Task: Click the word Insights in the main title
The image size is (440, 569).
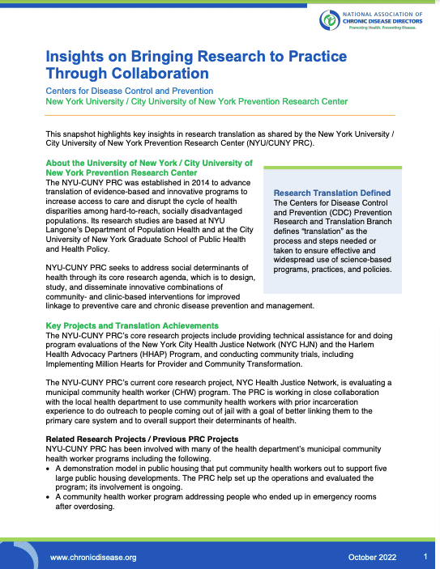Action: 75,59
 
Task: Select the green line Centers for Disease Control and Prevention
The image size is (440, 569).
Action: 130,91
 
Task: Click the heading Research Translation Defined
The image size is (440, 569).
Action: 332,193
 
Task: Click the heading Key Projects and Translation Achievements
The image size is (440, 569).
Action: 132,325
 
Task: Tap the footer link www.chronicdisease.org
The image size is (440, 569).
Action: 93,558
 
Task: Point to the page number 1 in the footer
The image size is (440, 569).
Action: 425,557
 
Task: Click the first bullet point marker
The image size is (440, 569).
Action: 49,468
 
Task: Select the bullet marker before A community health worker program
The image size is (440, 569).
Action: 49,497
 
